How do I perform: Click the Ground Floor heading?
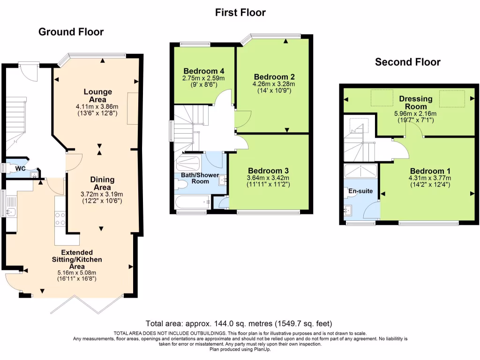pyautogui.click(x=71, y=32)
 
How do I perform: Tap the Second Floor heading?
pyautogui.click(x=407, y=62)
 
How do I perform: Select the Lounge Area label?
pyautogui.click(x=98, y=95)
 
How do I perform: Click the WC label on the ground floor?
pyautogui.click(x=20, y=168)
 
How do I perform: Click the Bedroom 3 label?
pyautogui.click(x=269, y=170)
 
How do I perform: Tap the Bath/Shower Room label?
pyautogui.click(x=195, y=178)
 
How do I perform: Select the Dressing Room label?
pyautogui.click(x=415, y=102)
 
